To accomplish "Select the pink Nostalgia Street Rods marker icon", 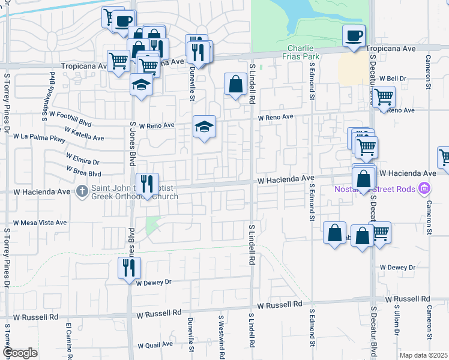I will click(x=425, y=189).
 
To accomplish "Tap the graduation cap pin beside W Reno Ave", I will click(x=204, y=127).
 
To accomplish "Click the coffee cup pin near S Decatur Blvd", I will click(x=354, y=35).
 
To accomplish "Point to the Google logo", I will click(x=20, y=353).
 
